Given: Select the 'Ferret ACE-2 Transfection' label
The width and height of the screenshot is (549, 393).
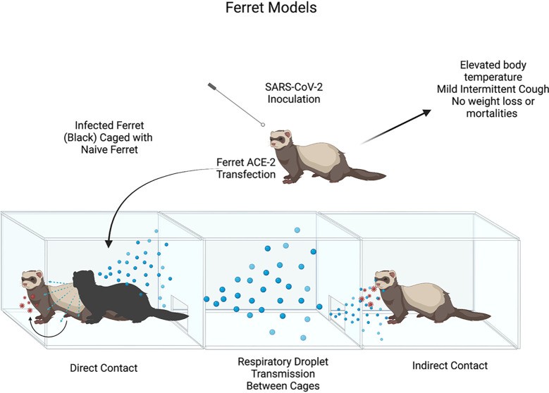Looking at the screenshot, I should [x=245, y=169].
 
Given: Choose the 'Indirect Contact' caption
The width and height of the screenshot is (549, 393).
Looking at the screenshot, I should [x=450, y=365].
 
